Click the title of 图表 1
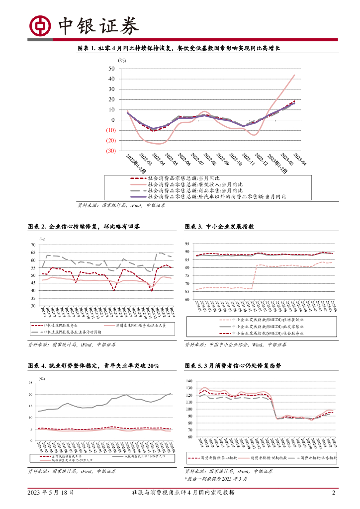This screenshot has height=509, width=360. click(180, 48)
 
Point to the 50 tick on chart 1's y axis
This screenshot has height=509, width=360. click(112, 68)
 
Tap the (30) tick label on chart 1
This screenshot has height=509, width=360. click(110, 151)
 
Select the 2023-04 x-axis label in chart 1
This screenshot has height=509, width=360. click(300, 160)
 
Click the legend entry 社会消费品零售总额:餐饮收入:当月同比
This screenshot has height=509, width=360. click(189, 184)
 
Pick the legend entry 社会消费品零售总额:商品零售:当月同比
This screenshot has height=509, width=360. click(189, 190)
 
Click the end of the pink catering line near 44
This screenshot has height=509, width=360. click(294, 75)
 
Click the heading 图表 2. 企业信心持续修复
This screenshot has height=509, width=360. click(84, 227)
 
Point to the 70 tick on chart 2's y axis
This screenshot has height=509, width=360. click(33, 245)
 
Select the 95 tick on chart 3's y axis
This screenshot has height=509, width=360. click(187, 244)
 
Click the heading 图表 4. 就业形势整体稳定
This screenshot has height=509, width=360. click(93, 366)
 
